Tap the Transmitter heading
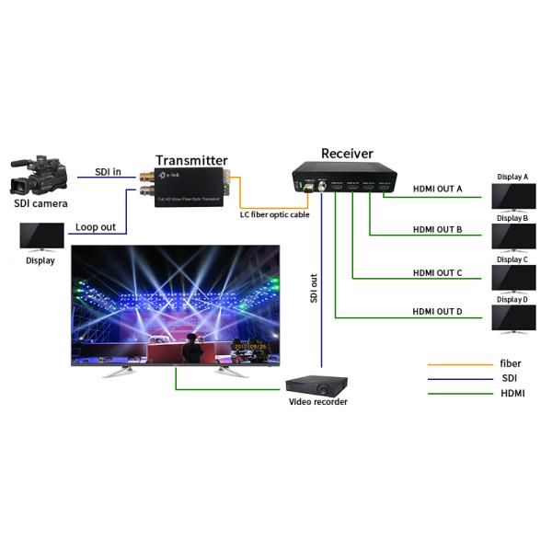(x=191, y=160)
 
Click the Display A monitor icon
(x=512, y=196)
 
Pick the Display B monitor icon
(x=512, y=236)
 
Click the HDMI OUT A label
(x=437, y=189)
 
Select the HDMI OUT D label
(x=437, y=312)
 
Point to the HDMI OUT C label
(x=437, y=271)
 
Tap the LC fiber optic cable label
(x=274, y=214)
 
